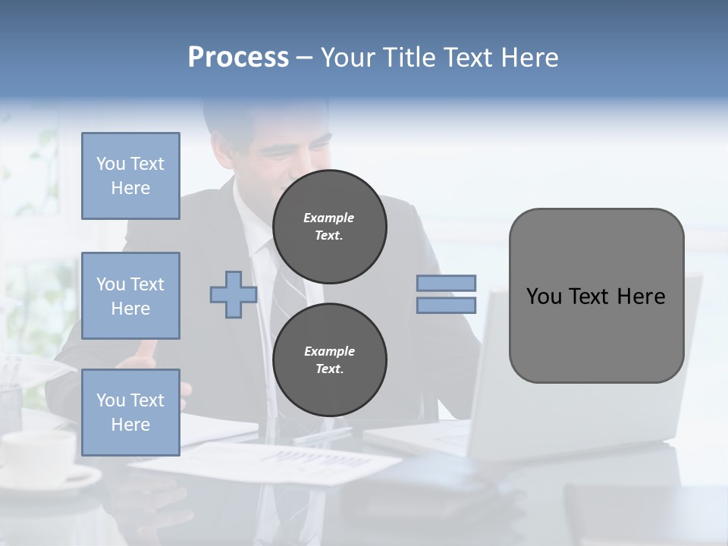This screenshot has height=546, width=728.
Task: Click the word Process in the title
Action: (238, 58)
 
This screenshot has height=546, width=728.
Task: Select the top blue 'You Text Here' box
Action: (130, 176)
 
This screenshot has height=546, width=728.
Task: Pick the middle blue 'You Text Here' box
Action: (130, 296)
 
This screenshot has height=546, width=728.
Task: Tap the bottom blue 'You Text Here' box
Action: (130, 413)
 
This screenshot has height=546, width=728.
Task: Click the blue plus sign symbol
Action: (234, 294)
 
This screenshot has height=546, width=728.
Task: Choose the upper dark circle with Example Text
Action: (329, 227)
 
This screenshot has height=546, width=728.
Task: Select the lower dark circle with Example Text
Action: (329, 360)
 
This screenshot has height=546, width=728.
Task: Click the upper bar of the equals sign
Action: (446, 283)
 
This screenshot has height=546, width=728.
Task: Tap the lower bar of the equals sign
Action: (446, 306)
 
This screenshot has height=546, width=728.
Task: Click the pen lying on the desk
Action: (322, 435)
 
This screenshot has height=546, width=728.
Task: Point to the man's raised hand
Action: (144, 353)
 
